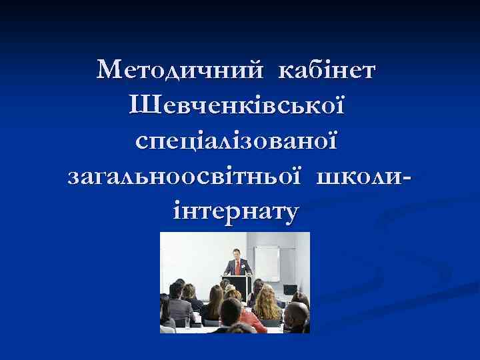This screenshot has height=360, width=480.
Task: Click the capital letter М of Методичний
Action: tap(107, 69)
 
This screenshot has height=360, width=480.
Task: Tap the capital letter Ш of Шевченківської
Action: tap(143, 105)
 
